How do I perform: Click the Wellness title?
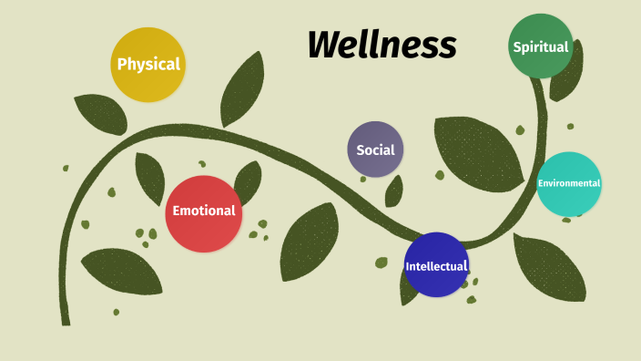pyautogui.click(x=382, y=44)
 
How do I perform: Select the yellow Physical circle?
pyautogui.click(x=148, y=64)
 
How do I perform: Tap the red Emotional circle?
pyautogui.click(x=204, y=213)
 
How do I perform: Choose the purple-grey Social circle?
pyautogui.click(x=375, y=149)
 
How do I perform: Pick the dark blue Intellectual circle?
pyautogui.click(x=436, y=265)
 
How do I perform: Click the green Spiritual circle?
pyautogui.click(x=541, y=46)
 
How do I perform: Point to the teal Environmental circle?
pyautogui.click(x=569, y=183)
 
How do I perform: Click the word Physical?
pyautogui.click(x=148, y=65)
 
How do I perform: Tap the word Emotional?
pyautogui.click(x=204, y=211)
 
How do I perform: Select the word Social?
pyautogui.click(x=375, y=150)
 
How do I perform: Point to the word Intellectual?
pyautogui.click(x=436, y=266)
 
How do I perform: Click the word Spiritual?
pyautogui.click(x=541, y=46)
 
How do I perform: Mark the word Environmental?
pyautogui.click(x=569, y=183)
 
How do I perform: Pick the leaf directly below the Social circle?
pyautogui.click(x=394, y=191)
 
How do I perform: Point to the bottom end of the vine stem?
pyautogui.click(x=66, y=319)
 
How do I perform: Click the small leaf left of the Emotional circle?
pyautogui.click(x=150, y=178)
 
